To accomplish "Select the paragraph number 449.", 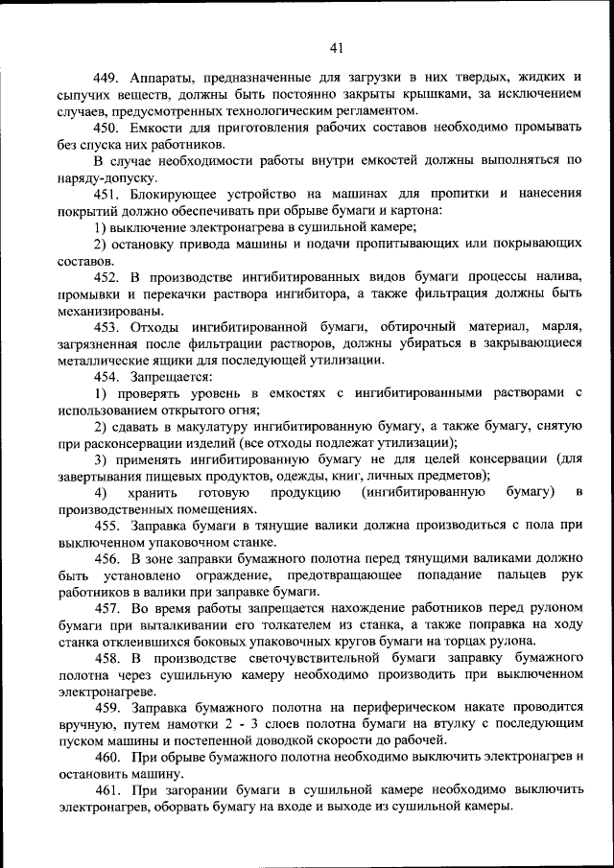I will [x=106, y=76].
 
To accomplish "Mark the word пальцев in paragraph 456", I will [x=522, y=575].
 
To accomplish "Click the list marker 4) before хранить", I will [x=101, y=492].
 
